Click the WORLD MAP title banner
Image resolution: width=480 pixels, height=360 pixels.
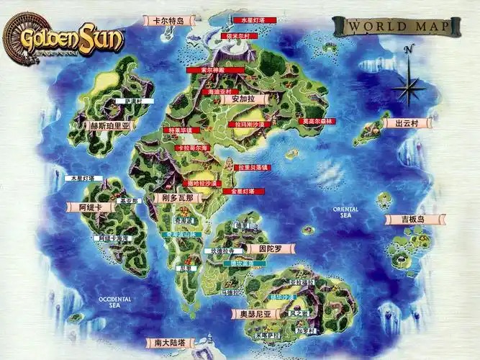(397, 27)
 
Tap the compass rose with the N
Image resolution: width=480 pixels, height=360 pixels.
(408, 83)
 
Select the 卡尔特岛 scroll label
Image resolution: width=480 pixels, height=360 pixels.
(169, 21)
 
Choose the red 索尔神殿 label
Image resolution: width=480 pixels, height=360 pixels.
(212, 70)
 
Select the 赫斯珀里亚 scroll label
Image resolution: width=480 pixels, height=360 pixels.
(110, 125)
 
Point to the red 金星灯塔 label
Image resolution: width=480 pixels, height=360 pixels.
(239, 192)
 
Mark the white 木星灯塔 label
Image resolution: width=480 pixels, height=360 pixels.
(84, 178)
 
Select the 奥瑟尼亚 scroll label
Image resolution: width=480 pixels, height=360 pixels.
(255, 314)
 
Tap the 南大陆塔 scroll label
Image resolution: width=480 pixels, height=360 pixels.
(170, 343)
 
